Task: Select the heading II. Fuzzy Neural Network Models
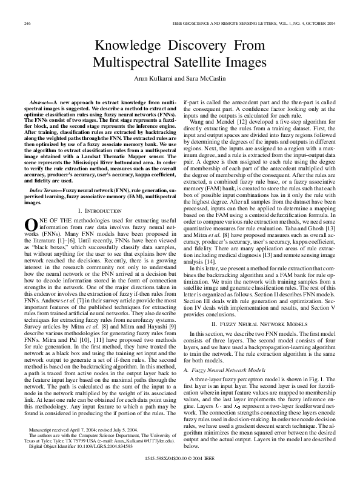(257, 325)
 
